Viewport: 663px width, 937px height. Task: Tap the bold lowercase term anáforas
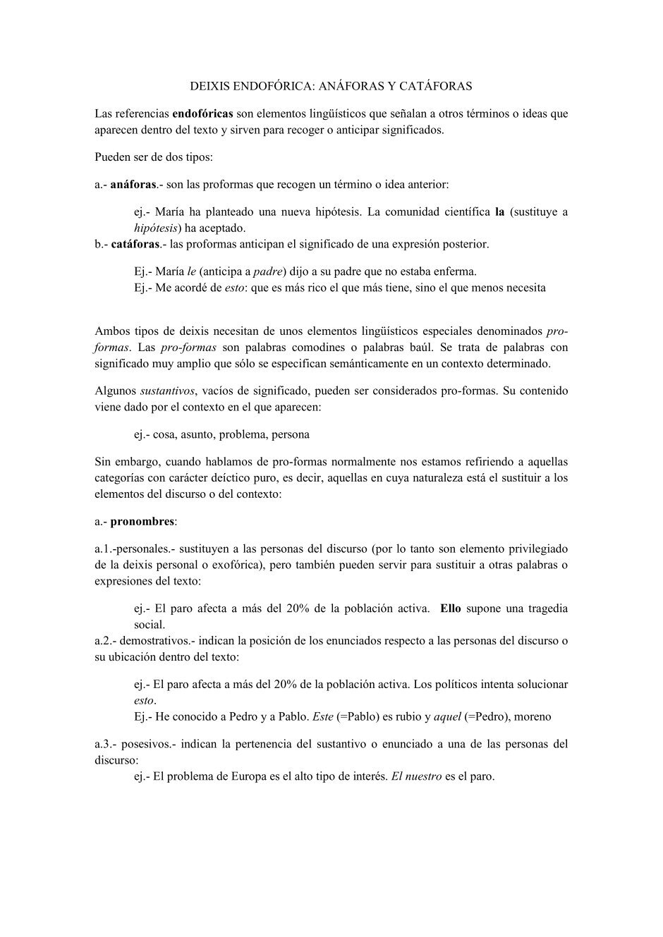point(133,185)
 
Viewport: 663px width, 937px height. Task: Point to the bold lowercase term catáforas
point(135,244)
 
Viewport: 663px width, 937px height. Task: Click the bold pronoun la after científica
point(500,212)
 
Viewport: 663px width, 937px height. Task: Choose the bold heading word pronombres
point(142,522)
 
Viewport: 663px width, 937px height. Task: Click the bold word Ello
point(451,608)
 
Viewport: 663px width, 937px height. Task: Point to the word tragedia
point(541,608)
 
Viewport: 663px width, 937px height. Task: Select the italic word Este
point(322,717)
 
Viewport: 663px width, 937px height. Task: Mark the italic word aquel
point(447,717)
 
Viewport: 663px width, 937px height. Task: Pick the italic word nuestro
point(423,777)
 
